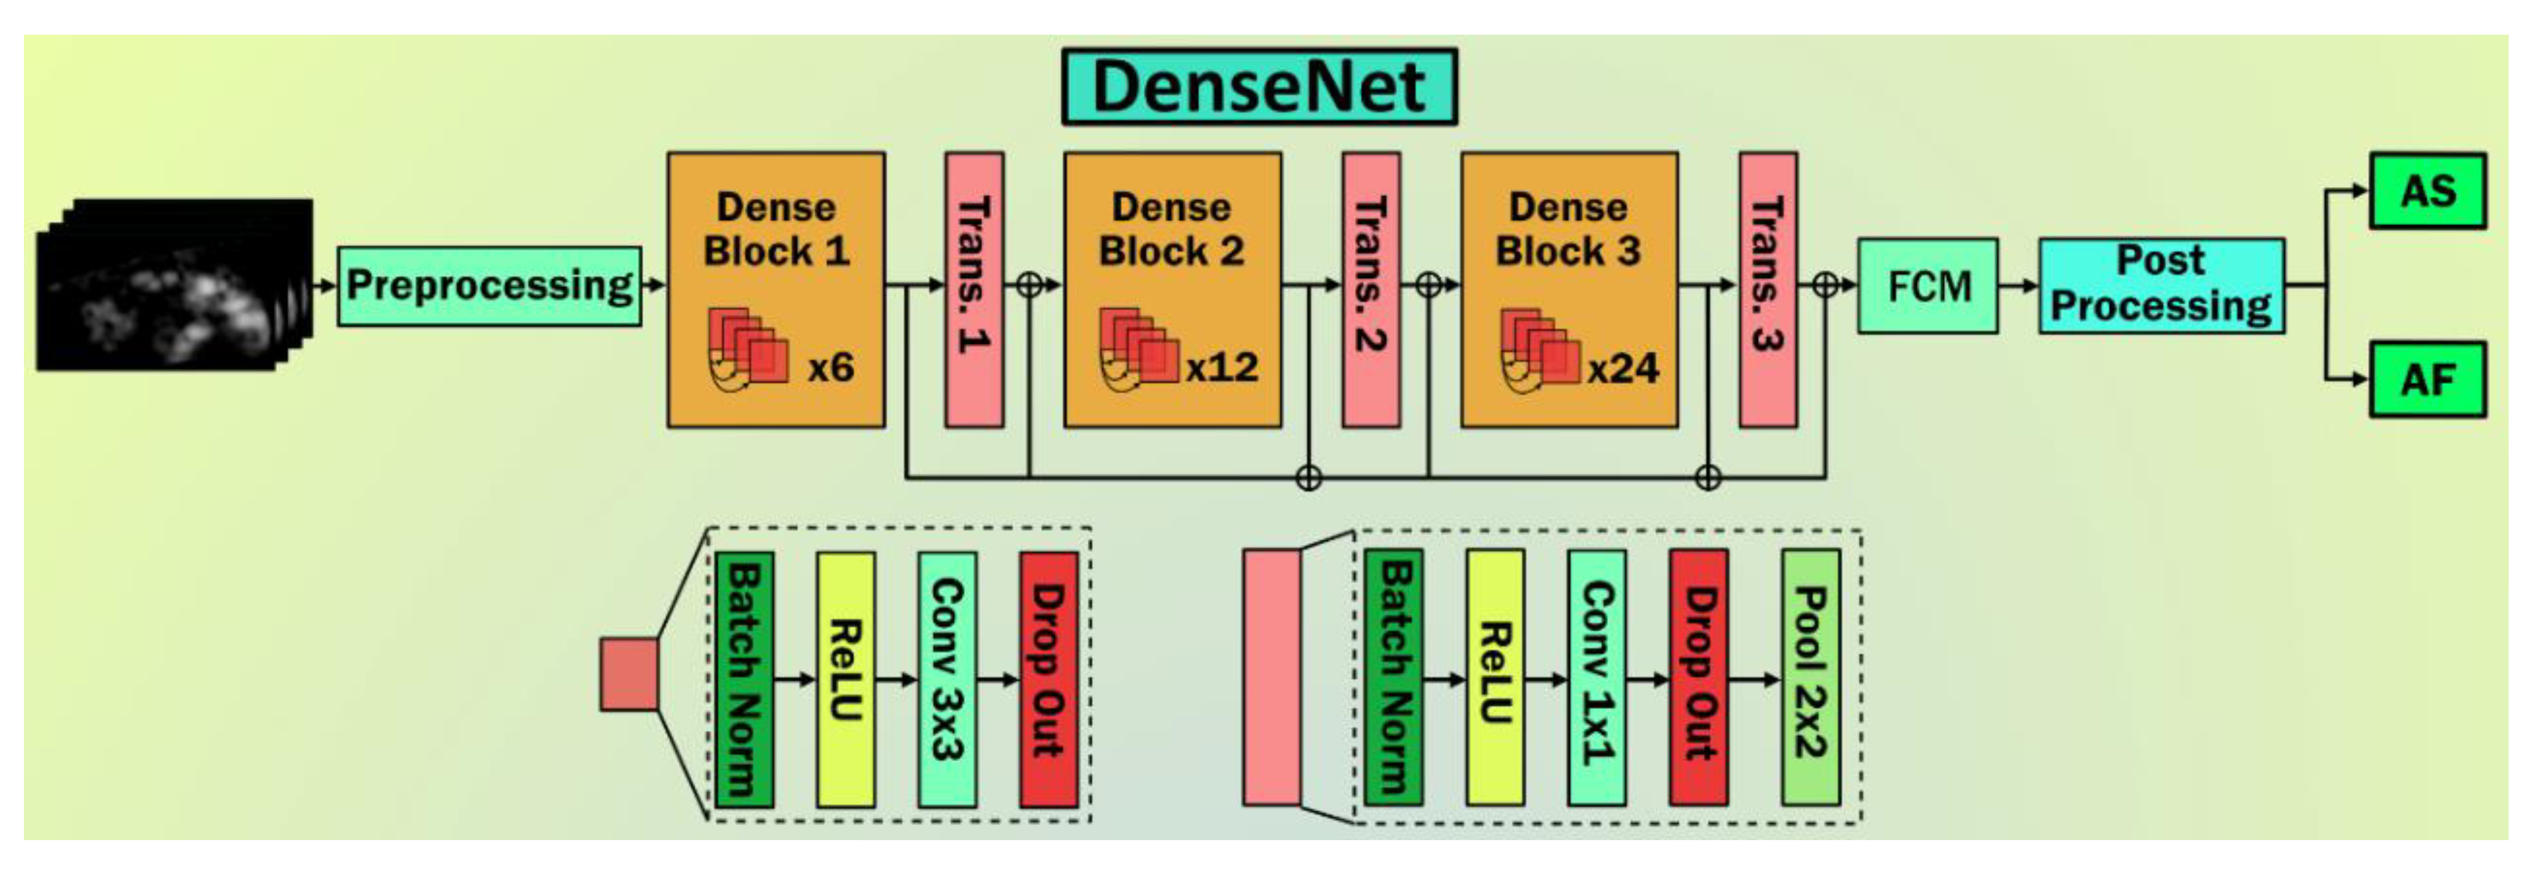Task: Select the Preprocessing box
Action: tap(489, 285)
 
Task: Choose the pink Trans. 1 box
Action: tap(975, 289)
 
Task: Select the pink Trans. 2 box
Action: tap(1371, 289)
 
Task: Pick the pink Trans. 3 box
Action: tap(1767, 289)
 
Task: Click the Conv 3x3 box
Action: tap(946, 679)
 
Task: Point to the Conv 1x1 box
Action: tap(1596, 677)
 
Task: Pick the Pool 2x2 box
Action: tap(1810, 677)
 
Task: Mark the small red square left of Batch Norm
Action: tap(629, 674)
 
